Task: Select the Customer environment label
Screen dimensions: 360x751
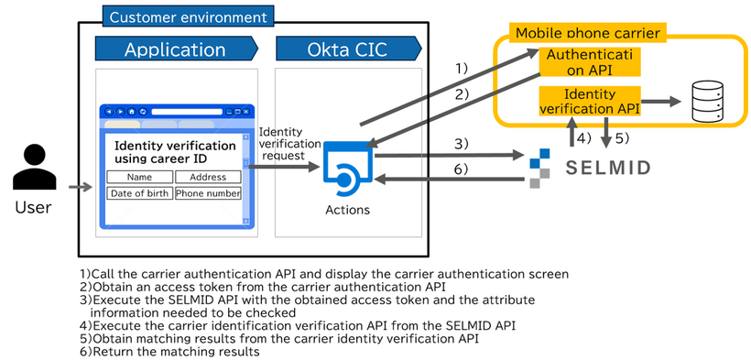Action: point(187,16)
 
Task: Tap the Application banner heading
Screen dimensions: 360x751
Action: point(175,49)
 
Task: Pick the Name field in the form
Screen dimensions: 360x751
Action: point(139,177)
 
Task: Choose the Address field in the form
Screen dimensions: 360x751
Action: point(208,177)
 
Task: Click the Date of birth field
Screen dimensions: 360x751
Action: point(139,193)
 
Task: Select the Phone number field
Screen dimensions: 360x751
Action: point(208,193)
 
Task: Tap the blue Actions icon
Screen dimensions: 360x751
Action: point(347,168)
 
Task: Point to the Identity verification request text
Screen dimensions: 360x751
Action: point(289,144)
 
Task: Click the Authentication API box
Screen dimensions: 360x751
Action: point(589,62)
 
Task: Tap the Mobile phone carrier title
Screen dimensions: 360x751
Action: point(588,33)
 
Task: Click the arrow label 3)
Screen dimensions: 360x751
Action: point(462,144)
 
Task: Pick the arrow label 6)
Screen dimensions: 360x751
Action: point(462,169)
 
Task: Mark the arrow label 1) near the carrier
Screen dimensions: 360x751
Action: point(462,69)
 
